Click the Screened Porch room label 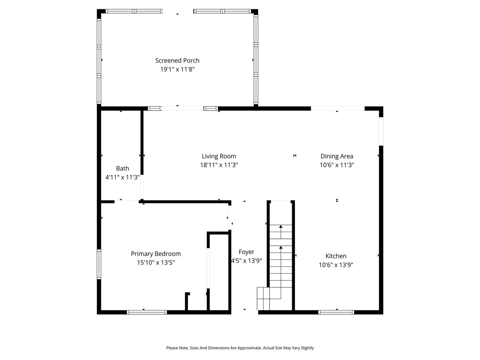(x=177, y=60)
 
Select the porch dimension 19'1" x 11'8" (x=177, y=69)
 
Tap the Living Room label (x=219, y=156)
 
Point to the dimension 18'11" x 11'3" (x=219, y=165)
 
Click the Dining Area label (x=337, y=156)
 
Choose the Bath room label (x=122, y=169)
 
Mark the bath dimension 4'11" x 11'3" (x=122, y=177)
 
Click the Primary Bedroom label (x=156, y=254)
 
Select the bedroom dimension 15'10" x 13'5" (x=156, y=262)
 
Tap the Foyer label (x=246, y=252)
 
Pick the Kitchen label (x=336, y=256)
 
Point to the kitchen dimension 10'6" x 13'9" (x=336, y=265)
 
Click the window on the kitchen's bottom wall (x=336, y=312)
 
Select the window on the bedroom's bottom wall (x=147, y=312)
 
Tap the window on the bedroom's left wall (x=99, y=264)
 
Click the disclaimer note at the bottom (x=240, y=348)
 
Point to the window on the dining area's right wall (x=381, y=131)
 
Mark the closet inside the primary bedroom (x=219, y=272)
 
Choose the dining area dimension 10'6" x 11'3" (x=337, y=165)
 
